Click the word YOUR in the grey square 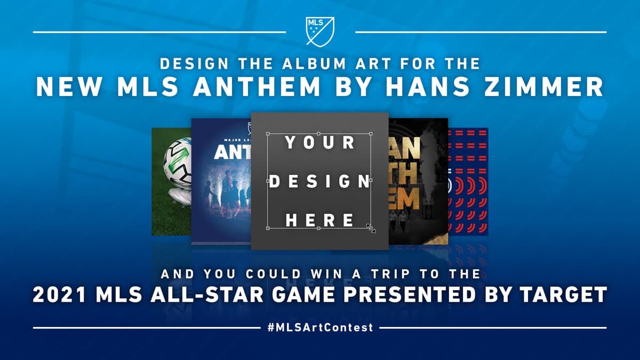319,142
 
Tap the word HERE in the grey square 319,219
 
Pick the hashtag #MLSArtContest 320,327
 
